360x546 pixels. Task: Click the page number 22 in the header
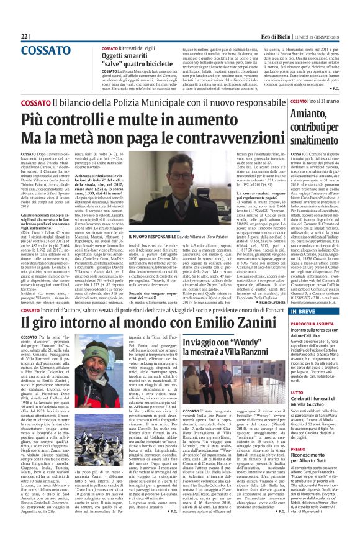pos(24,37)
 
